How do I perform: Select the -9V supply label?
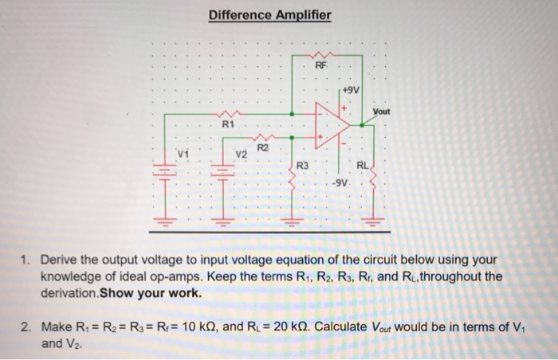point(340,185)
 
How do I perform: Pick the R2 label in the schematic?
point(264,146)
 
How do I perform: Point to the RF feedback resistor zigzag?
point(320,56)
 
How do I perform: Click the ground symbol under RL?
point(371,217)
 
